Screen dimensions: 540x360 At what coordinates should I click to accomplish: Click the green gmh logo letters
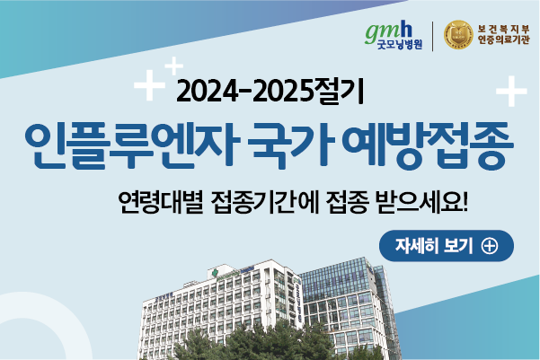pyautogui.click(x=388, y=32)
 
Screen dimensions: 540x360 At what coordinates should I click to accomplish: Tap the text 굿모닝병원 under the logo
pyautogui.click(x=400, y=44)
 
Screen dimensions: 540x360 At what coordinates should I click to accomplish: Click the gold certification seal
pyautogui.click(x=458, y=35)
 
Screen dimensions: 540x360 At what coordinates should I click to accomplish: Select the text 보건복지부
pyautogui.click(x=503, y=29)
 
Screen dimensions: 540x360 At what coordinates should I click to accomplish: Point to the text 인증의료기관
pyautogui.click(x=503, y=40)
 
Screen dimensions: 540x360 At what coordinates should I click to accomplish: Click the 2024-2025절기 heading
pyautogui.click(x=270, y=92)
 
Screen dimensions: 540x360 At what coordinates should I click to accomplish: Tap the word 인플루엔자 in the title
pyautogui.click(x=132, y=145)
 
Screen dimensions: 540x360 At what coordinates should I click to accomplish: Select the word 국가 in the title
pyautogui.click(x=293, y=145)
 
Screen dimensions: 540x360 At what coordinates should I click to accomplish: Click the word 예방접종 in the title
pyautogui.click(x=429, y=145)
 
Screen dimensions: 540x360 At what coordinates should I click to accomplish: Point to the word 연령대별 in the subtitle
pyautogui.click(x=161, y=202)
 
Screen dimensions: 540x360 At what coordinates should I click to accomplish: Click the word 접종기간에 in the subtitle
pyautogui.click(x=266, y=202)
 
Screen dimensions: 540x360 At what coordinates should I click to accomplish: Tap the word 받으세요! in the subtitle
pyautogui.click(x=422, y=202)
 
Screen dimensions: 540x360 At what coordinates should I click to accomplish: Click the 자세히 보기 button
pyautogui.click(x=447, y=246)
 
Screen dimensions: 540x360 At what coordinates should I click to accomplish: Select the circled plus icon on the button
pyautogui.click(x=490, y=246)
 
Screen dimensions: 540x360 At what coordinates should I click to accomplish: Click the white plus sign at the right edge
pyautogui.click(x=511, y=92)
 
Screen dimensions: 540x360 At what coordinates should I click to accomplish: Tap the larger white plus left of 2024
pyautogui.click(x=149, y=85)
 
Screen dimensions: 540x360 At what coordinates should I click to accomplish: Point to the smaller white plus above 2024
pyautogui.click(x=174, y=66)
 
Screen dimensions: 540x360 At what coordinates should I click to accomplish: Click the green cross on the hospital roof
pyautogui.click(x=215, y=273)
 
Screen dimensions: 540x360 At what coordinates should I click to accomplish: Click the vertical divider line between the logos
pyautogui.click(x=432, y=36)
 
